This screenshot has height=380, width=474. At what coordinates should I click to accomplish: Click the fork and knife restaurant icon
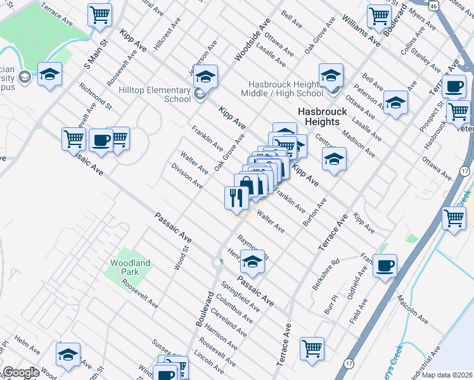[236, 198]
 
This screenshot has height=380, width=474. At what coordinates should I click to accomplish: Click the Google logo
[21, 372]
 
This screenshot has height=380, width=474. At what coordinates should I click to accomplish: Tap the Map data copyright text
[447, 374]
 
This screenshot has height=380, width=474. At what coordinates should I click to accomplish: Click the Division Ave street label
[187, 176]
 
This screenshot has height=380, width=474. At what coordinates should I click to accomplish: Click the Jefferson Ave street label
[203, 57]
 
